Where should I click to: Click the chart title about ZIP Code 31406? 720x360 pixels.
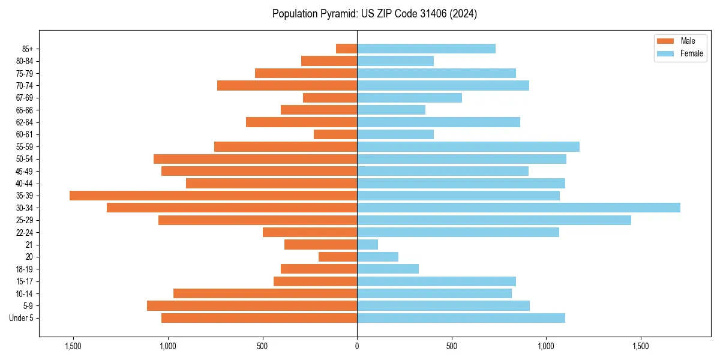click(374, 14)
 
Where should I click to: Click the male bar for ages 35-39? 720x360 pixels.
click(213, 196)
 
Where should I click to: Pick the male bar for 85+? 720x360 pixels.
click(346, 49)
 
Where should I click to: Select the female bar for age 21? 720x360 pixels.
click(367, 245)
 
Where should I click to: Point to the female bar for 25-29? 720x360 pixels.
click(494, 220)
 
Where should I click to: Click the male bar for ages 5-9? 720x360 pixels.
click(252, 306)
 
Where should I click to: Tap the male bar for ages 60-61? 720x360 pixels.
click(335, 134)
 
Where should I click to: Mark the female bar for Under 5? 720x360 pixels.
click(461, 318)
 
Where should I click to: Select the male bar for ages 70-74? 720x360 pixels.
click(287, 86)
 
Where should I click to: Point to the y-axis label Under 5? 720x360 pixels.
click(22, 318)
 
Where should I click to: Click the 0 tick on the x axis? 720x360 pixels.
click(357, 346)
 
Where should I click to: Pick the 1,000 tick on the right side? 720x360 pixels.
click(546, 346)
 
